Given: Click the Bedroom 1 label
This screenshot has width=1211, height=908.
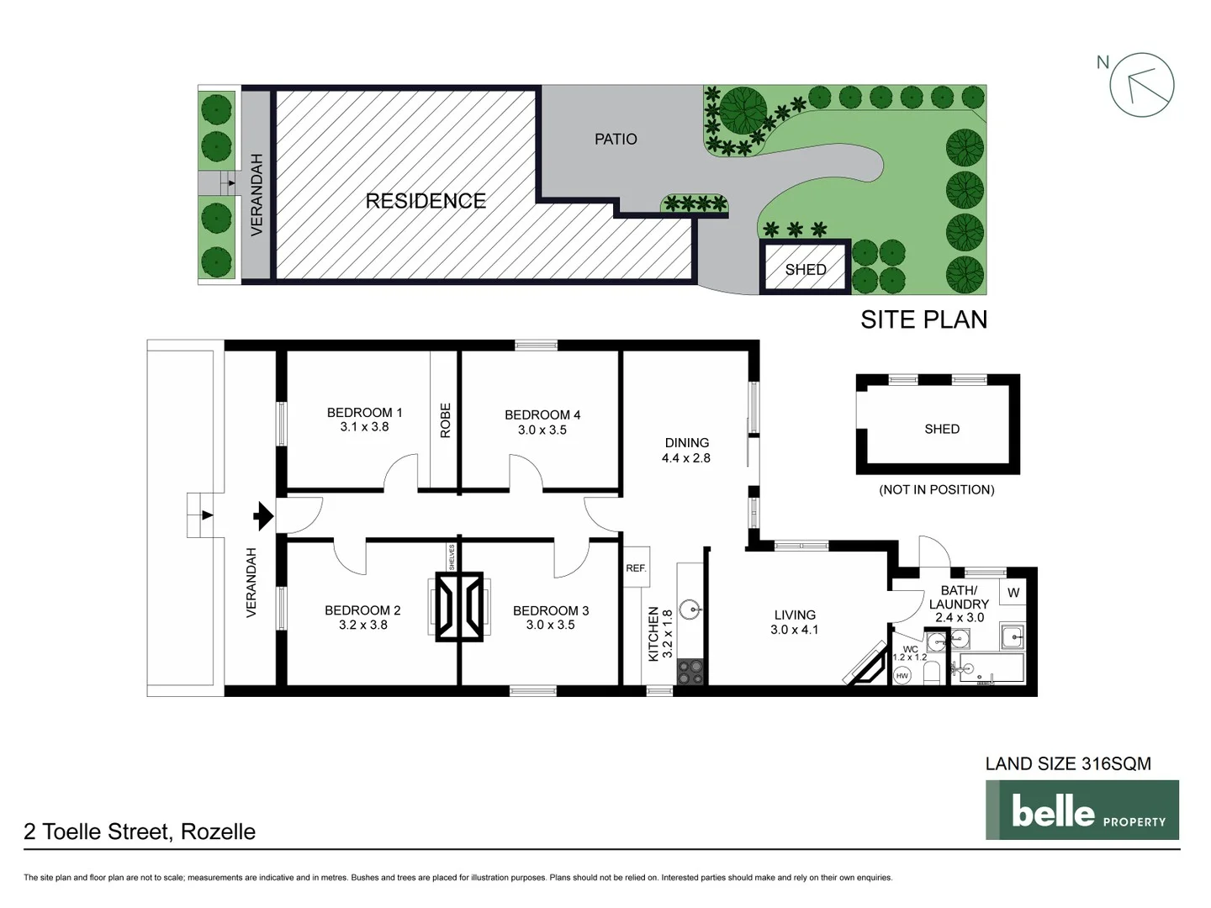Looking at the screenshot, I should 364,412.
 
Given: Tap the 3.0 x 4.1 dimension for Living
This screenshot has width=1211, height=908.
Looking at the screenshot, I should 794,630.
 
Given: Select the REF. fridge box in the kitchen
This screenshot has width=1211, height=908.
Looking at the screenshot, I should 636,568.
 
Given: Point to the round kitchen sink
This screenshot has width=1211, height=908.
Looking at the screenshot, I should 690,606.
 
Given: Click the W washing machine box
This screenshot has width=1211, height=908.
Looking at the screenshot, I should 1013,593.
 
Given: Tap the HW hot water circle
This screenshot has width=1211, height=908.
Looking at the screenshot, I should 902,675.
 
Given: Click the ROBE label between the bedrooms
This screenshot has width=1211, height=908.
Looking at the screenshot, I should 446,420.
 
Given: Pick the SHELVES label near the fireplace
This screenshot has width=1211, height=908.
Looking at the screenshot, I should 452,557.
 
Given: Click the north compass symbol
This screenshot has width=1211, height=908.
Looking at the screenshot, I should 1141,84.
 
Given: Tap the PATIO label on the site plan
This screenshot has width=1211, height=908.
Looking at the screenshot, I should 616,140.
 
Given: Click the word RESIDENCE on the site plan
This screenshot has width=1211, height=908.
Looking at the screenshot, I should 426,201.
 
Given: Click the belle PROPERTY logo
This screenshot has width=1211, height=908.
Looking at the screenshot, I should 1081,810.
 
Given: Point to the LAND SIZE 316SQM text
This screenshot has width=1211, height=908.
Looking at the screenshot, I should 1068,763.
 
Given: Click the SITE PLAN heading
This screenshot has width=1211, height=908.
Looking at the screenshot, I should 923,319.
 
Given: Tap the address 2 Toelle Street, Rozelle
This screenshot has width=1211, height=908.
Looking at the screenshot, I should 140,831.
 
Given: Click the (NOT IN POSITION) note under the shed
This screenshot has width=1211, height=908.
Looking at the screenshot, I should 936,489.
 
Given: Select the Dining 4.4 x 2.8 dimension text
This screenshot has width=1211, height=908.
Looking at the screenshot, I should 685,458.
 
